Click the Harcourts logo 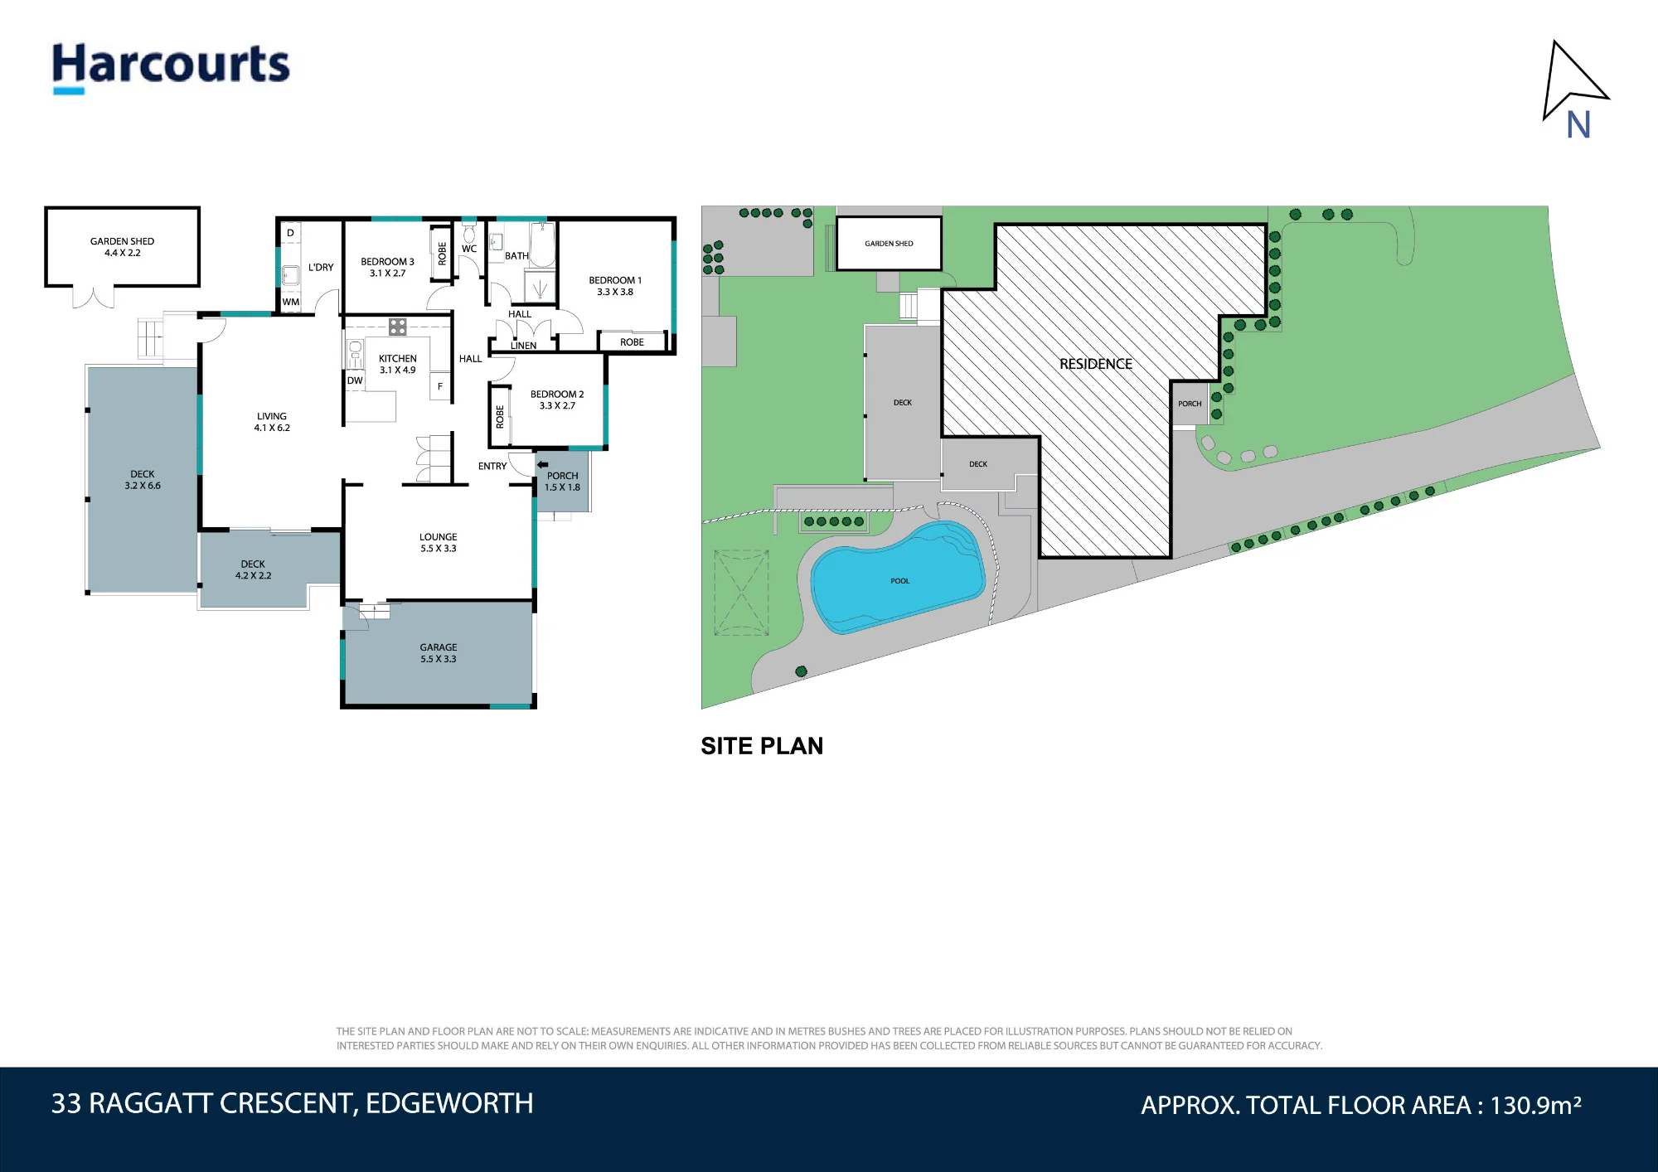click(171, 67)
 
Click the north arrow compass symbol click(1574, 89)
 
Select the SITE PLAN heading click(762, 746)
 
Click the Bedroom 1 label click(615, 286)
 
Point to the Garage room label click(439, 653)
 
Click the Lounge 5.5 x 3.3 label click(439, 543)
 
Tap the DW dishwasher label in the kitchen click(355, 381)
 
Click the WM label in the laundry click(291, 303)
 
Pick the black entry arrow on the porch click(542, 464)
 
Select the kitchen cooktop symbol click(398, 327)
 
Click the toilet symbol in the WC click(469, 232)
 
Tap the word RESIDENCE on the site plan click(1095, 364)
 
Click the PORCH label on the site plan click(1190, 404)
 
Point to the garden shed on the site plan click(889, 244)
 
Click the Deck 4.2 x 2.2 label click(253, 569)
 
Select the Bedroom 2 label click(557, 400)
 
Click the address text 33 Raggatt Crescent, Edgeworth click(293, 1103)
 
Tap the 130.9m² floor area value click(1536, 1105)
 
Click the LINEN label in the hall click(523, 346)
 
